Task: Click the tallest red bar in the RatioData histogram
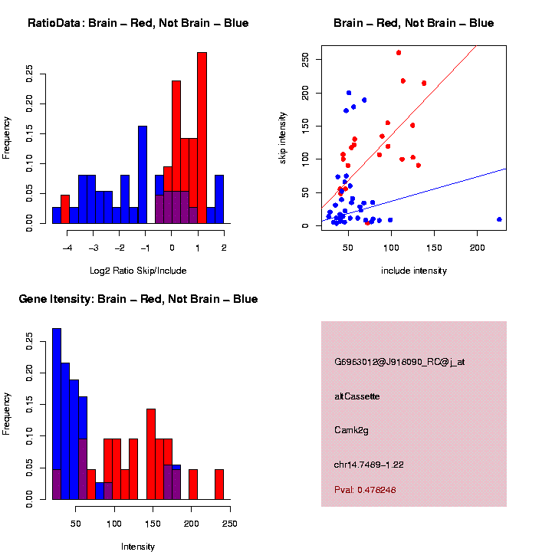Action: coord(202,138)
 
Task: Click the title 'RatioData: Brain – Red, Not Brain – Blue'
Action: coord(138,23)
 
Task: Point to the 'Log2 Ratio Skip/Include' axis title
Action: coord(138,271)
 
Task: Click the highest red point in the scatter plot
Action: coord(399,53)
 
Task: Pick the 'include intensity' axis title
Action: coord(414,271)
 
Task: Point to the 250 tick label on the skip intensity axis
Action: coord(305,59)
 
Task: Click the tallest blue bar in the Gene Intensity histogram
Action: coord(57,414)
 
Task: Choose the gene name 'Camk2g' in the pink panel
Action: coord(352,430)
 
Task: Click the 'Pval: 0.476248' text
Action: coord(365,490)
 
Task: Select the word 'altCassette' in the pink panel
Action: coord(357,396)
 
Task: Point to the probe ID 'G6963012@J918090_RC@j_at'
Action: coord(399,362)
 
